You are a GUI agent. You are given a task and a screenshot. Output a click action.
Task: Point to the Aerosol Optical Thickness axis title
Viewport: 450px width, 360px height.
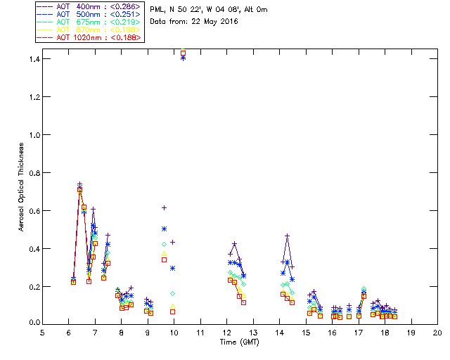point(22,190)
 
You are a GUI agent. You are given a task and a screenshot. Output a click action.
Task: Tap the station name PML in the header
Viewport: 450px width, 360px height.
point(157,9)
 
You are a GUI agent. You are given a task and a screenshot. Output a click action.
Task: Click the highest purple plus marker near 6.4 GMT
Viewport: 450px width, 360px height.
point(79,184)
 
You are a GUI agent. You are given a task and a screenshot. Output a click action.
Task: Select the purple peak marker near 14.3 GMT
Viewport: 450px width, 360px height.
point(288,236)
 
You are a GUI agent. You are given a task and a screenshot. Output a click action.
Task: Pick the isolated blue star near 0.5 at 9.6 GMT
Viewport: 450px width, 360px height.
point(164,229)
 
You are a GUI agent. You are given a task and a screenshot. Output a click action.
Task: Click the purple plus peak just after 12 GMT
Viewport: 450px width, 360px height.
point(235,243)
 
